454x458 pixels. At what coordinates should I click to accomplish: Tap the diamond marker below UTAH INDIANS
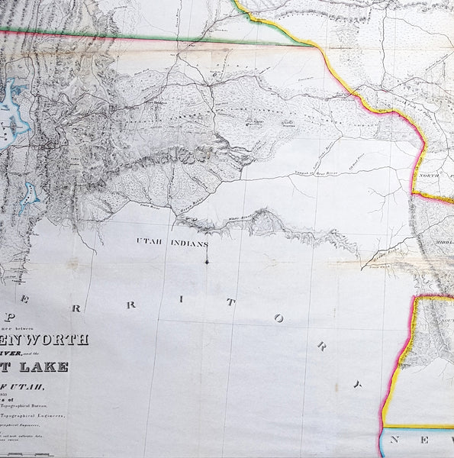click(x=206, y=263)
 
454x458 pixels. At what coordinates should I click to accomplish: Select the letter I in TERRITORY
click(x=181, y=300)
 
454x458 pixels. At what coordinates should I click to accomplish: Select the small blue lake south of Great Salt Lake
click(x=29, y=196)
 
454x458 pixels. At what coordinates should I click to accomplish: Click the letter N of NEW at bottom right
click(x=398, y=440)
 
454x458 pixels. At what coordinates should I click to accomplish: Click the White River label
click(x=241, y=217)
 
